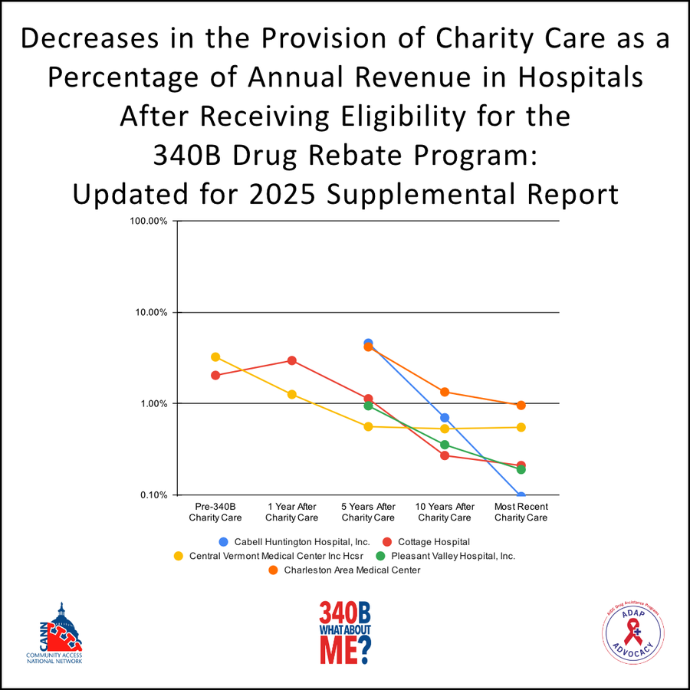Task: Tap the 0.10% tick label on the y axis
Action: click(x=153, y=495)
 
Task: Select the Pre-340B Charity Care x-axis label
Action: click(x=215, y=512)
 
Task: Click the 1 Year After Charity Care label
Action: click(x=292, y=512)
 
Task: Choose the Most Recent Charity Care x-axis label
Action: click(x=521, y=512)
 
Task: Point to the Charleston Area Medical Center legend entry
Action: click(x=344, y=570)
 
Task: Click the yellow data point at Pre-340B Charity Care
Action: click(x=215, y=357)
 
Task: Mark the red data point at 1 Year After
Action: click(x=292, y=360)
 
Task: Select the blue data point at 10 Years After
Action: click(x=445, y=417)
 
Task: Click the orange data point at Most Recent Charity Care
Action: click(x=521, y=405)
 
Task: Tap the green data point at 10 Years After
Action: click(x=445, y=445)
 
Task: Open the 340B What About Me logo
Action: click(x=345, y=632)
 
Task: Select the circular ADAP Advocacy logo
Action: click(x=633, y=633)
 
